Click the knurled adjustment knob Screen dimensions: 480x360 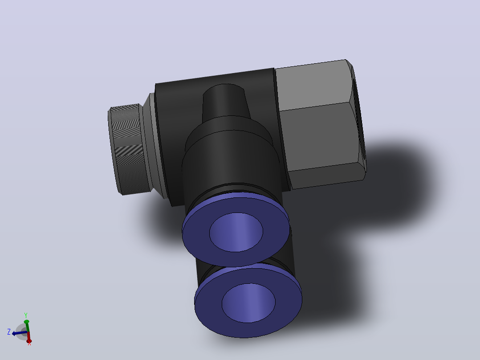(129, 150)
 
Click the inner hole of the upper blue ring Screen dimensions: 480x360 (236, 232)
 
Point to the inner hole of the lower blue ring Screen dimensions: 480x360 (248, 303)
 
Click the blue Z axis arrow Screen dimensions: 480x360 (19, 333)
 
